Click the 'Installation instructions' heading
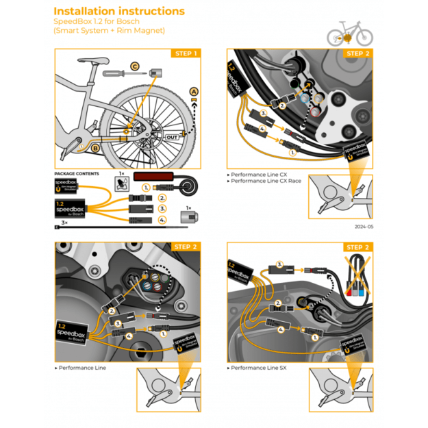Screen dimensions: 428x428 [118, 11]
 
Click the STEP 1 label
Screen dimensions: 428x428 [186, 53]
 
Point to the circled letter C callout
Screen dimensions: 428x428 [135, 66]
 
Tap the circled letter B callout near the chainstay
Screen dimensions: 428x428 [96, 146]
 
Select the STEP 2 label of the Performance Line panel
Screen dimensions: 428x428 [186, 247]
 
